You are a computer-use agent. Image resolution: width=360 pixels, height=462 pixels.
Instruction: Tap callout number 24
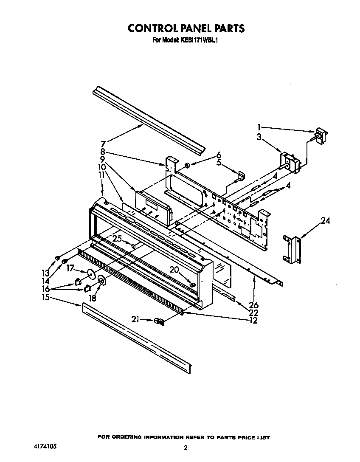325,221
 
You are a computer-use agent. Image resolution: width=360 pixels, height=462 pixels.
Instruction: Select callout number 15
45,298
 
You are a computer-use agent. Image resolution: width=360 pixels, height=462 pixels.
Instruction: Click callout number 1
259,127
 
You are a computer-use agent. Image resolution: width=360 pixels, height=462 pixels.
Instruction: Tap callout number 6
219,155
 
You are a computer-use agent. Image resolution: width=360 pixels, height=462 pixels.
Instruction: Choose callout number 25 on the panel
117,239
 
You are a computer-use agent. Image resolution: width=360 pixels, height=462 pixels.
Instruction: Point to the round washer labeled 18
102,280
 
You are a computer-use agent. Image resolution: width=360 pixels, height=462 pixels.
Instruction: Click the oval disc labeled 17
91,273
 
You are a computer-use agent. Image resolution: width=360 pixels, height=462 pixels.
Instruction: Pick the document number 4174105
44,447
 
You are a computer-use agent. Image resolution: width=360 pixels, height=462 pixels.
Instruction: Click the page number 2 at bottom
186,447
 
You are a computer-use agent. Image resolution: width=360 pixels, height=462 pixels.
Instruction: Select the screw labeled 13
57,258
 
